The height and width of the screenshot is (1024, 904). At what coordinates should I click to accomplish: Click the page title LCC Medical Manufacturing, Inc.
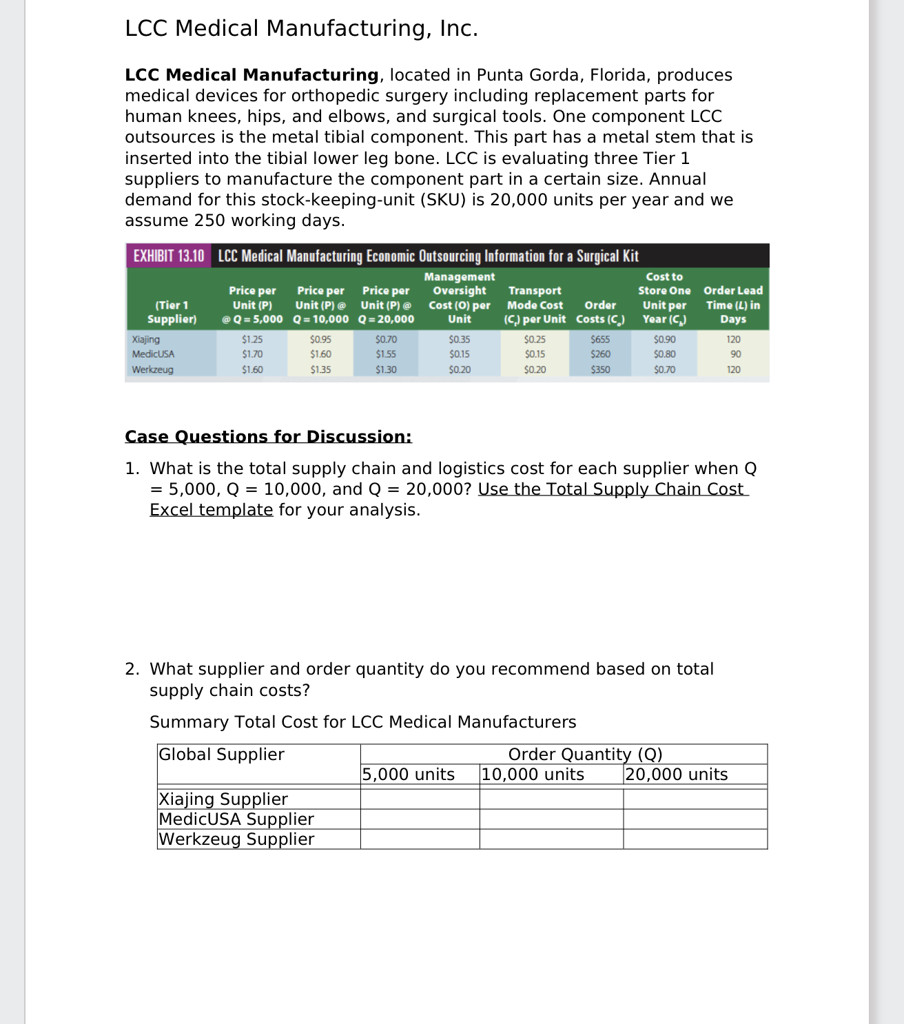tap(301, 28)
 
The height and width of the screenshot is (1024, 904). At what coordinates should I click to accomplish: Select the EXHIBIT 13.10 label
tap(169, 256)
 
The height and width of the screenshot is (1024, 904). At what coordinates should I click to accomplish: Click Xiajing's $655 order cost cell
tap(600, 339)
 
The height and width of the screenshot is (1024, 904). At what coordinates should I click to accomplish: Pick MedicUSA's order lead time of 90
tap(735, 354)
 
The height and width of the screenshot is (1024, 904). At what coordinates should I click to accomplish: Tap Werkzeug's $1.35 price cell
tap(320, 369)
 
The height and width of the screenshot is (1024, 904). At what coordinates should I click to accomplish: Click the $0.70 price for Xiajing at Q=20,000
tap(386, 339)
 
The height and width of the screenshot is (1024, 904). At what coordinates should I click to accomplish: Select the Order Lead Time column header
tap(733, 305)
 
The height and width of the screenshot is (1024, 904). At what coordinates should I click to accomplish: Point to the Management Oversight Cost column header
tap(460, 298)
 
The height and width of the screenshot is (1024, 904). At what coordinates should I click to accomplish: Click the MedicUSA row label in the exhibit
tap(154, 354)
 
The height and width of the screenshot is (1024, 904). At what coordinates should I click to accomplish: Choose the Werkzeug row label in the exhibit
tap(153, 369)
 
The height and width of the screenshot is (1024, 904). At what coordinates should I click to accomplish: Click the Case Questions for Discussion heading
tap(268, 437)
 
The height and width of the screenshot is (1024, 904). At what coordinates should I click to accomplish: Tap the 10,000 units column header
tap(533, 775)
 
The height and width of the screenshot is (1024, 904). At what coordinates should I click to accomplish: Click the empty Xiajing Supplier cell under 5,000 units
tap(420, 799)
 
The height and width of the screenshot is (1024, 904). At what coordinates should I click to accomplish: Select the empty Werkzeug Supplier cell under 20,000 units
tap(695, 839)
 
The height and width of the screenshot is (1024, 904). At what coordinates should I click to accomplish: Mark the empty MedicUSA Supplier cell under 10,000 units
tap(551, 819)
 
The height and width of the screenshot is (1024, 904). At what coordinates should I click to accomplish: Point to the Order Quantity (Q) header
tap(585, 755)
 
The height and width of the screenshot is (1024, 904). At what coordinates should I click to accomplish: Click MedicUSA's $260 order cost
tap(600, 354)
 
